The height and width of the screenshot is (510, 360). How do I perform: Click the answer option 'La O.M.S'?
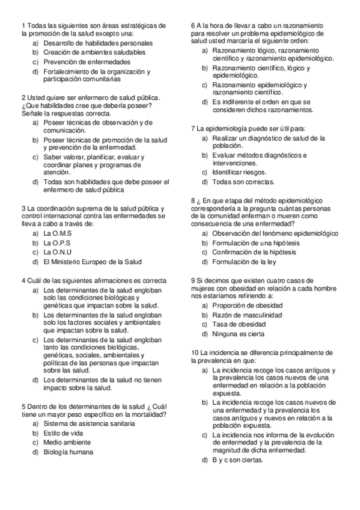(58, 233)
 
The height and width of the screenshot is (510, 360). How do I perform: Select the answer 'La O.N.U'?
(58, 252)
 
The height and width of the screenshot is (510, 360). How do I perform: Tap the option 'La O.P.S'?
(58, 242)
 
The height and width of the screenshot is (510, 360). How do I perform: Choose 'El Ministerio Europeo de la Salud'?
(93, 262)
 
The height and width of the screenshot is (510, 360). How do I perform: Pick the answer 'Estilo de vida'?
(63, 433)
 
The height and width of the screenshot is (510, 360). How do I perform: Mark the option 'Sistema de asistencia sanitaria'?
(89, 423)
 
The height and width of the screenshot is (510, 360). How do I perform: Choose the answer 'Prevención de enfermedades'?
(87, 62)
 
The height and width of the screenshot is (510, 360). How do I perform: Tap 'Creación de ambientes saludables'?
(94, 53)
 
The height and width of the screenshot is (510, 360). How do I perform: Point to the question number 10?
(195, 352)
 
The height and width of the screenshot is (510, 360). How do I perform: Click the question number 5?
(23, 406)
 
